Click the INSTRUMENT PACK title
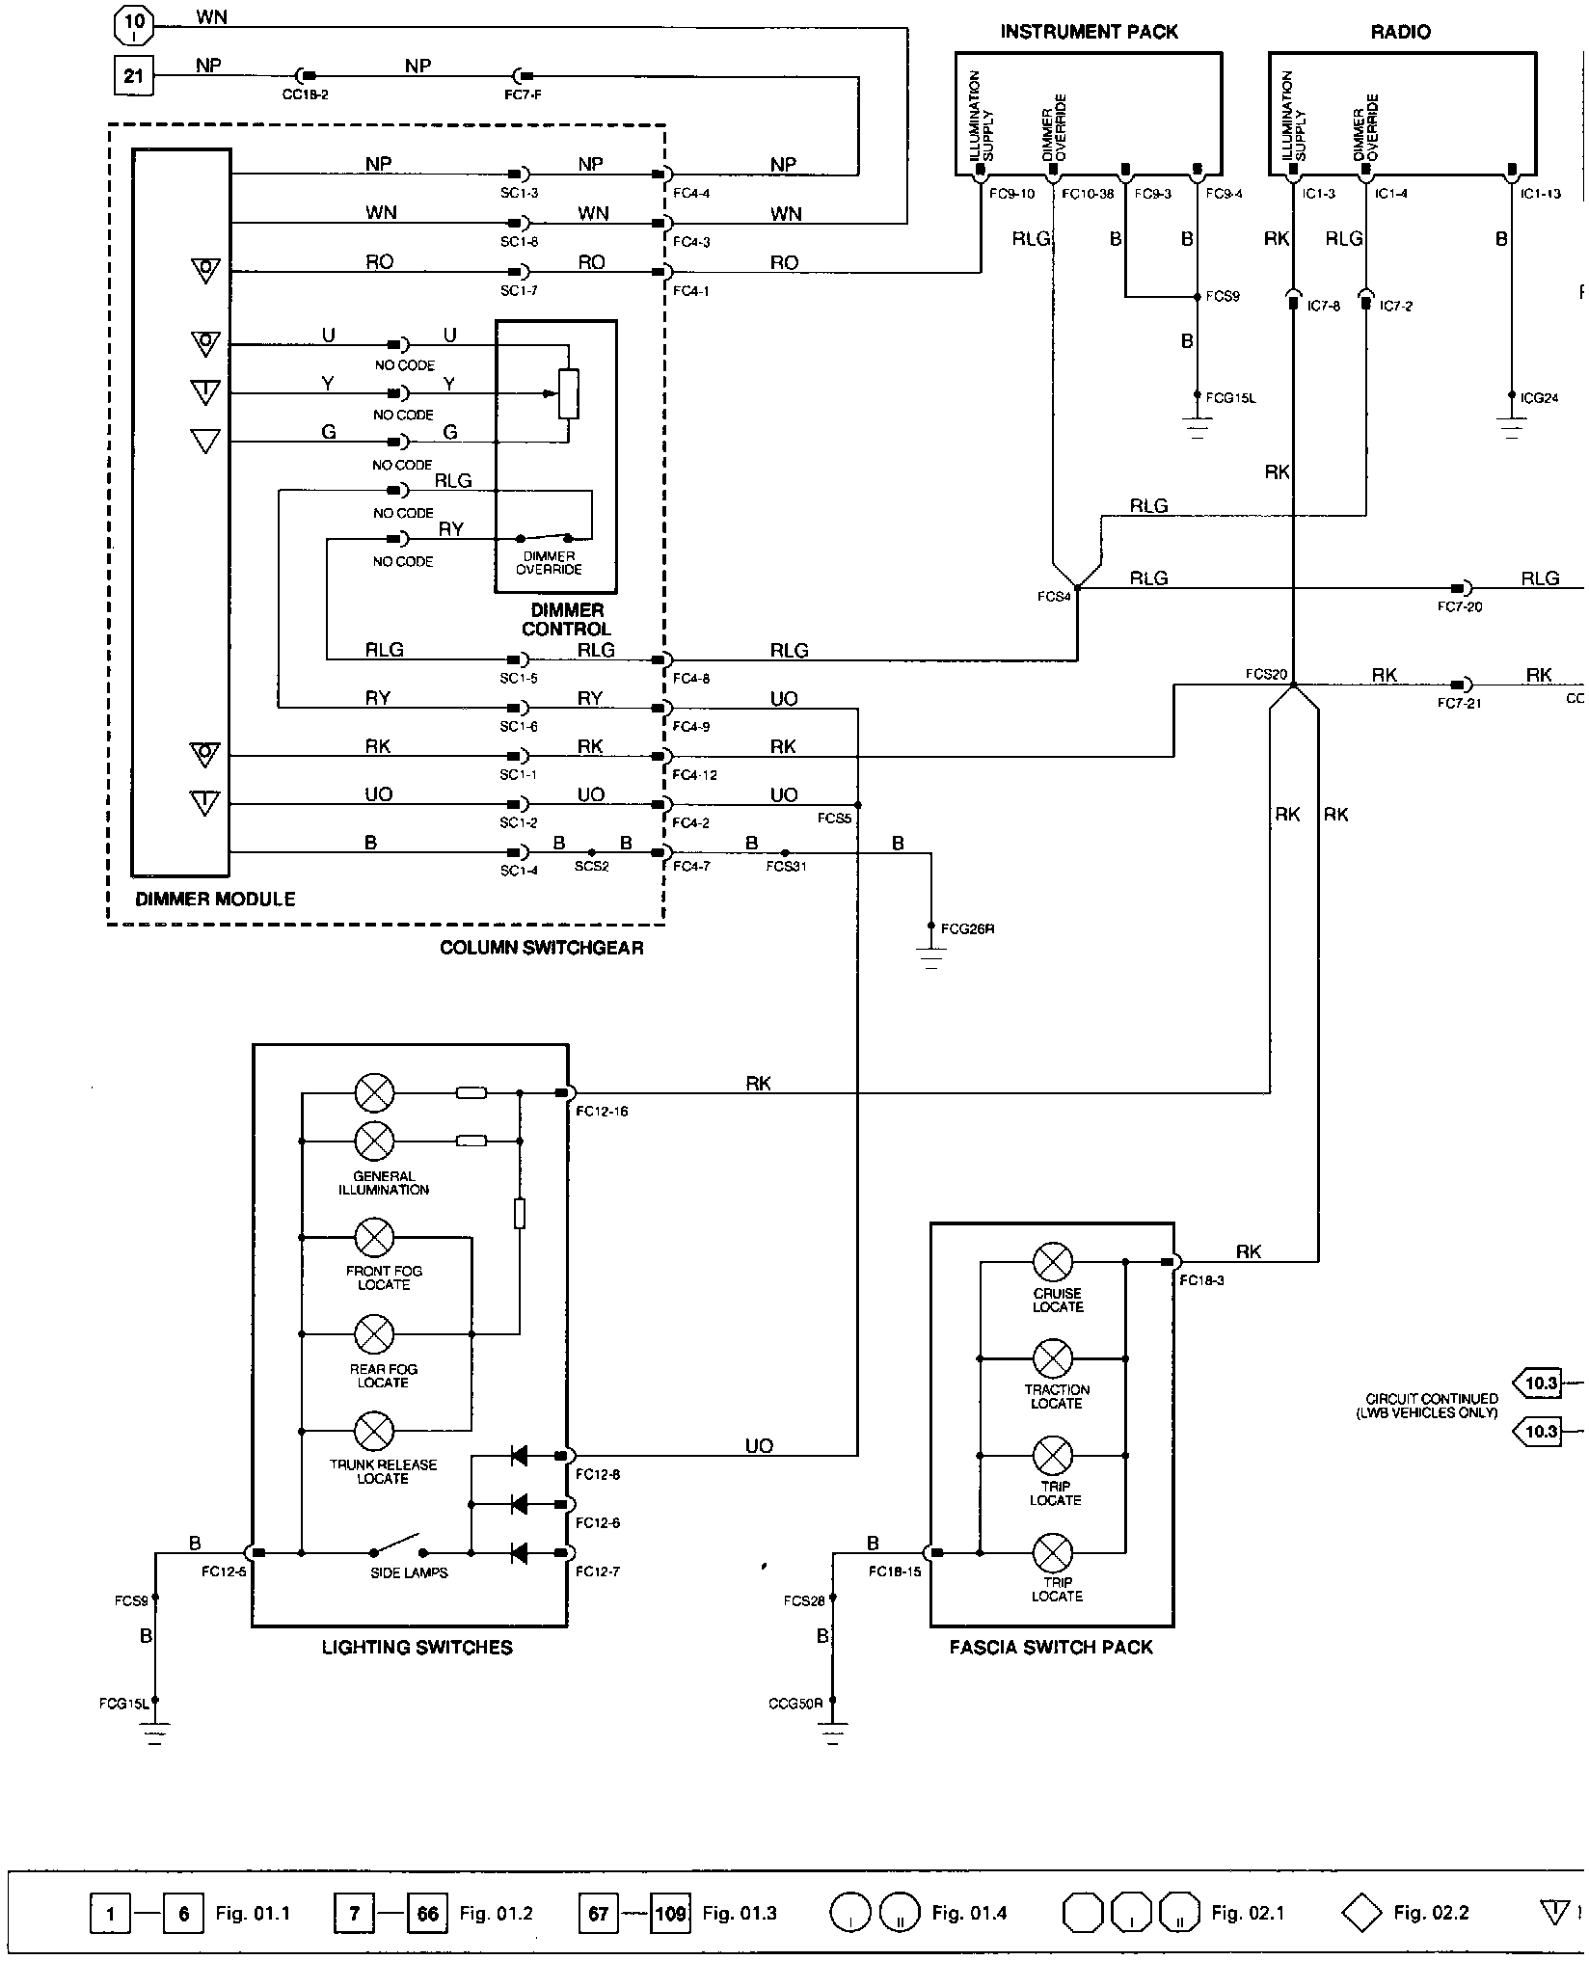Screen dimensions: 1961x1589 pos(1089,32)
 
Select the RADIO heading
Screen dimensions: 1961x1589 pos(1400,32)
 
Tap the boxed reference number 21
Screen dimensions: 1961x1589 pos(134,74)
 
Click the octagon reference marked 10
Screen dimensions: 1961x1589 pos(134,22)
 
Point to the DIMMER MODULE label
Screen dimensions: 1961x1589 pos(215,899)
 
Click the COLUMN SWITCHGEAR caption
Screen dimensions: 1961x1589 pos(541,947)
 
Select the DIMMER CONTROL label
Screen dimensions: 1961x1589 pos(566,619)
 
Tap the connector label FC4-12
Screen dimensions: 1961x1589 pos(695,775)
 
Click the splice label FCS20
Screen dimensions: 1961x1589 pos(1265,674)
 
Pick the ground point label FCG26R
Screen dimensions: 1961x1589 pos(967,929)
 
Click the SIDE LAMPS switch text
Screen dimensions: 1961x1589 pos(409,1572)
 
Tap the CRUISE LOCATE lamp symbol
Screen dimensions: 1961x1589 pos(1053,1261)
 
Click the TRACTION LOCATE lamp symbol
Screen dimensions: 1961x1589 pos(1053,1357)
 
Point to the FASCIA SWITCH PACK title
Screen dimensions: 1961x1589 pos(1051,1648)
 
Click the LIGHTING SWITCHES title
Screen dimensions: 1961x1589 pos(417,1648)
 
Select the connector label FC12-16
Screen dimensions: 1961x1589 pos(602,1111)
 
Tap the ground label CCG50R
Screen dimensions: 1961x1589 pos(795,1703)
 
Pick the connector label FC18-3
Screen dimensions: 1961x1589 pos(1201,1280)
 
